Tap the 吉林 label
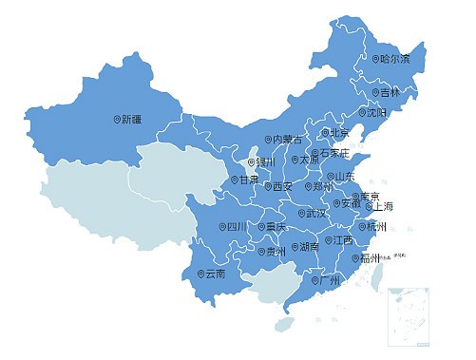coord(390,93)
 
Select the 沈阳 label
coord(377,113)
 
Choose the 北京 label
coord(339,133)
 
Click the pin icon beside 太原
coord(295,161)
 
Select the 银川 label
coord(265,161)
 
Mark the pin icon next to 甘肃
coord(236,180)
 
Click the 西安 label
coord(282,187)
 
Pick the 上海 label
coord(383,206)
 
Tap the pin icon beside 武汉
coord(300,214)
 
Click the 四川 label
coord(237,227)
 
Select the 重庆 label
coord(276,227)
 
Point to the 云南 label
coord(215,274)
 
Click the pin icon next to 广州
coord(315,280)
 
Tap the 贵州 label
coord(276,252)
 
